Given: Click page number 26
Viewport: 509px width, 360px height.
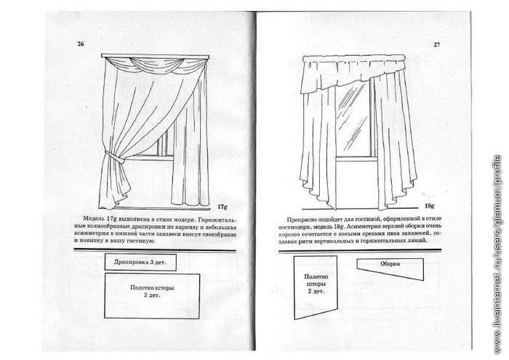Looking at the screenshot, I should [x=81, y=45].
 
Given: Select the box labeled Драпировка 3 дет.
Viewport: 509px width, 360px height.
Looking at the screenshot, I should [x=136, y=260].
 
